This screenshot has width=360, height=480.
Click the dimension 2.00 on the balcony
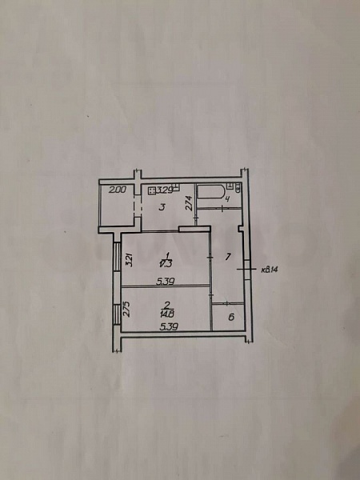click(118, 190)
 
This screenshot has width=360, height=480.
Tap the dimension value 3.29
click(166, 190)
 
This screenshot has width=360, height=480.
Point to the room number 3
click(162, 207)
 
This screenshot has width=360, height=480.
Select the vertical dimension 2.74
click(189, 203)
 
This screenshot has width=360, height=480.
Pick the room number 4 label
click(227, 199)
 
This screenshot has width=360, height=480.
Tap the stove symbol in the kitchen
click(151, 190)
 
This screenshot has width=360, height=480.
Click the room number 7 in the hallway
click(228, 257)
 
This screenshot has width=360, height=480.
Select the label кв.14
click(269, 270)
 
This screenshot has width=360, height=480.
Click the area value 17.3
click(166, 262)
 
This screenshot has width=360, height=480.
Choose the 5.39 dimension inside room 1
click(166, 280)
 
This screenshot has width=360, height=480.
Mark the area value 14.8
click(166, 314)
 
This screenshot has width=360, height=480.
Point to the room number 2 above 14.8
click(166, 304)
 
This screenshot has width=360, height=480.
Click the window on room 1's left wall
click(118, 260)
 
